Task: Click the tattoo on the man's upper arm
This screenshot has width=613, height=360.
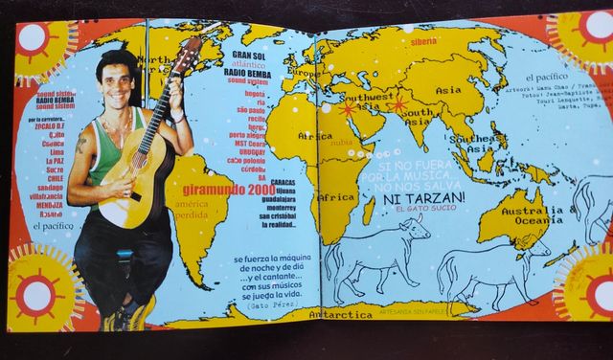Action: click(81, 147)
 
